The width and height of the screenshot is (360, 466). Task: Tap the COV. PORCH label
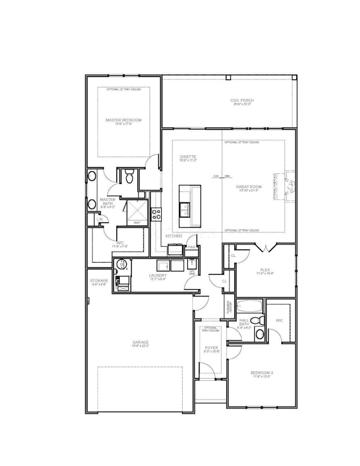coord(242,100)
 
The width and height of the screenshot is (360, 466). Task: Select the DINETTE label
coord(188,157)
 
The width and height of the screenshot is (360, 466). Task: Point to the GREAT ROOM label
coord(247,187)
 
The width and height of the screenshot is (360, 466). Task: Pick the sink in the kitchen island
coord(185,209)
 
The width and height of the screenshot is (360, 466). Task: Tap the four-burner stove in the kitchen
coord(157,212)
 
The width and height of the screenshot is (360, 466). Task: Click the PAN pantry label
coord(191,247)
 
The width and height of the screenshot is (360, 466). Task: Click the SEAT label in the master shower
coord(136,223)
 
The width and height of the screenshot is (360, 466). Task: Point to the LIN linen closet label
coord(100,220)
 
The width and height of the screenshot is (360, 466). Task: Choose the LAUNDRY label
coord(158,275)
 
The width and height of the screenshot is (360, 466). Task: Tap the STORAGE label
coord(100,281)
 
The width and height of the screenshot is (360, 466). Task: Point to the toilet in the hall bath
coord(255,320)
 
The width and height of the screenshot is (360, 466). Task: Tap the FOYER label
coord(211,348)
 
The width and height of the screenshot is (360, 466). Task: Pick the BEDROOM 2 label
coord(260,373)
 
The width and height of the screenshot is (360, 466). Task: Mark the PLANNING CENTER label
coord(228,306)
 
